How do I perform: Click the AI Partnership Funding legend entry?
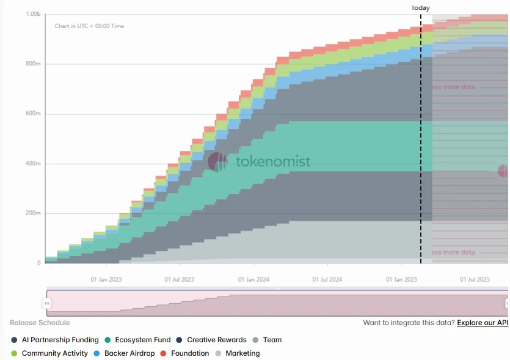pyautogui.click(x=60, y=340)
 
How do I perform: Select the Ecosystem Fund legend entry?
pyautogui.click(x=142, y=340)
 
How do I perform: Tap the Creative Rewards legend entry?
pyautogui.click(x=216, y=340)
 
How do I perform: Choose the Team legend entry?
pyautogui.click(x=272, y=340)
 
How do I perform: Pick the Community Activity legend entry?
pyautogui.click(x=54, y=353)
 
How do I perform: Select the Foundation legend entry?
pyautogui.click(x=189, y=353)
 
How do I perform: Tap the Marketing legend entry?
pyautogui.click(x=242, y=353)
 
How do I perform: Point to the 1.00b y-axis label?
pyautogui.click(x=33, y=14)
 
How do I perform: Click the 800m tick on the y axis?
pyautogui.click(x=34, y=64)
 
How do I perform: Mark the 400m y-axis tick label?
pyautogui.click(x=34, y=164)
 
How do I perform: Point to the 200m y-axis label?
pyautogui.click(x=34, y=214)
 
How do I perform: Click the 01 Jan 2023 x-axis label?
pyautogui.click(x=106, y=279)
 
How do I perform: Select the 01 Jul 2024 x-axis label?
pyautogui.click(x=327, y=279)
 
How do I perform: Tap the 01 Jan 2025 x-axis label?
pyautogui.click(x=401, y=279)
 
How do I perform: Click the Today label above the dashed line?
pyautogui.click(x=421, y=8)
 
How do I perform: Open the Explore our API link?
pyautogui.click(x=483, y=323)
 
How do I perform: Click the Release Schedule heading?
pyautogui.click(x=40, y=323)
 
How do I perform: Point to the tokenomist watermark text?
pyautogui.click(x=273, y=162)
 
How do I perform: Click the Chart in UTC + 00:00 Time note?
pyautogui.click(x=89, y=26)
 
